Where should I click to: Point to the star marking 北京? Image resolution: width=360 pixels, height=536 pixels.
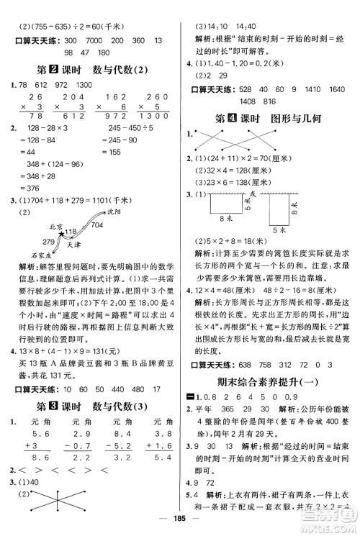[63, 233]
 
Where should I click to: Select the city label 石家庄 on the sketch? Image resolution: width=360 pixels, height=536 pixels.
[42, 255]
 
